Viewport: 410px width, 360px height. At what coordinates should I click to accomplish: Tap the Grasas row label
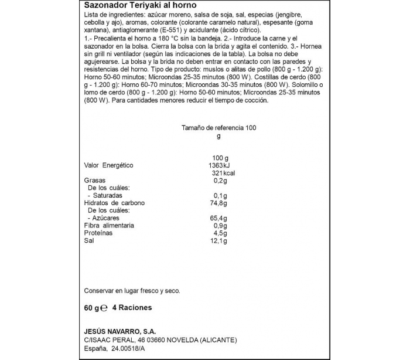(95, 181)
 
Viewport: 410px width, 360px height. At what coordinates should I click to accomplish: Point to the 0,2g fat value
(220, 181)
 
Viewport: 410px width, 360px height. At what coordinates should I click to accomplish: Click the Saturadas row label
(107, 195)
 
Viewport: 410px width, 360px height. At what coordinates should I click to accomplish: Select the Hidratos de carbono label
(114, 203)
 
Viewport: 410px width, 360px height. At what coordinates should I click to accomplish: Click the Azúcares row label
(106, 218)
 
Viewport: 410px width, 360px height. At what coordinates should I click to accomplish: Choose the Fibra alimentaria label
(110, 225)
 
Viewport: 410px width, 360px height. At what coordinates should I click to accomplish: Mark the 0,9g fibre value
(220, 225)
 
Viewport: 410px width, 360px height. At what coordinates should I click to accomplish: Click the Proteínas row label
(98, 233)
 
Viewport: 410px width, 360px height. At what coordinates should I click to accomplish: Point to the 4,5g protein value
(220, 233)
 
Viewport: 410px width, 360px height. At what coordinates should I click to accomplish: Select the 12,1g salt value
(218, 240)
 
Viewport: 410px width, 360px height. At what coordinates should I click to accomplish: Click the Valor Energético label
(110, 166)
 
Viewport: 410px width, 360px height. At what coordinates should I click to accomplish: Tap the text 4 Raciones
(132, 307)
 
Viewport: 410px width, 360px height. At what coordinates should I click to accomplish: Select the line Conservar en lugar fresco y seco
(132, 290)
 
